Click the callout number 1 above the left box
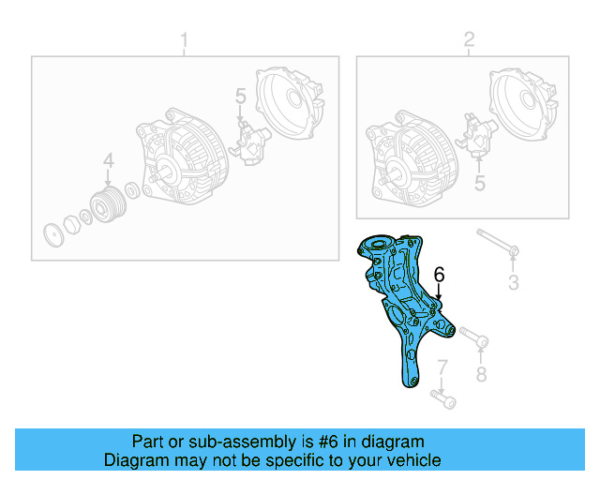pyautogui.click(x=184, y=40)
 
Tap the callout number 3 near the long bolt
pyautogui.click(x=513, y=283)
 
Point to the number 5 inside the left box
pyautogui.click(x=240, y=97)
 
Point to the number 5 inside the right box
pyautogui.click(x=479, y=185)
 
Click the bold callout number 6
pyautogui.click(x=438, y=275)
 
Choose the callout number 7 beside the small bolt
pyautogui.click(x=442, y=367)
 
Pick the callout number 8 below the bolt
pyautogui.click(x=481, y=375)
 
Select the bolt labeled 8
pyautogui.click(x=472, y=337)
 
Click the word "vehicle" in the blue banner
pyautogui.click(x=409, y=460)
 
